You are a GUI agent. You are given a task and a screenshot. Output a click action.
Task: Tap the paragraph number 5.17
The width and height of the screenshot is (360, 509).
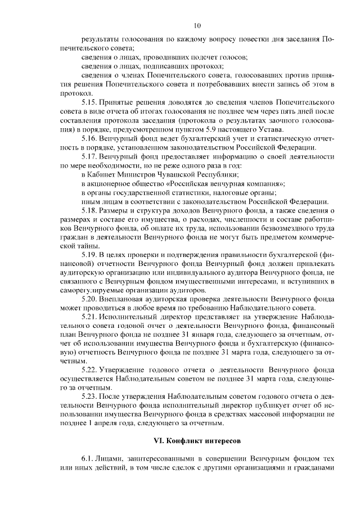click(x=91, y=156)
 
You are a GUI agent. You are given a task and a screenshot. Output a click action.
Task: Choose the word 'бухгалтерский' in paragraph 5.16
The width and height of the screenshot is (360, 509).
click(x=200, y=138)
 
